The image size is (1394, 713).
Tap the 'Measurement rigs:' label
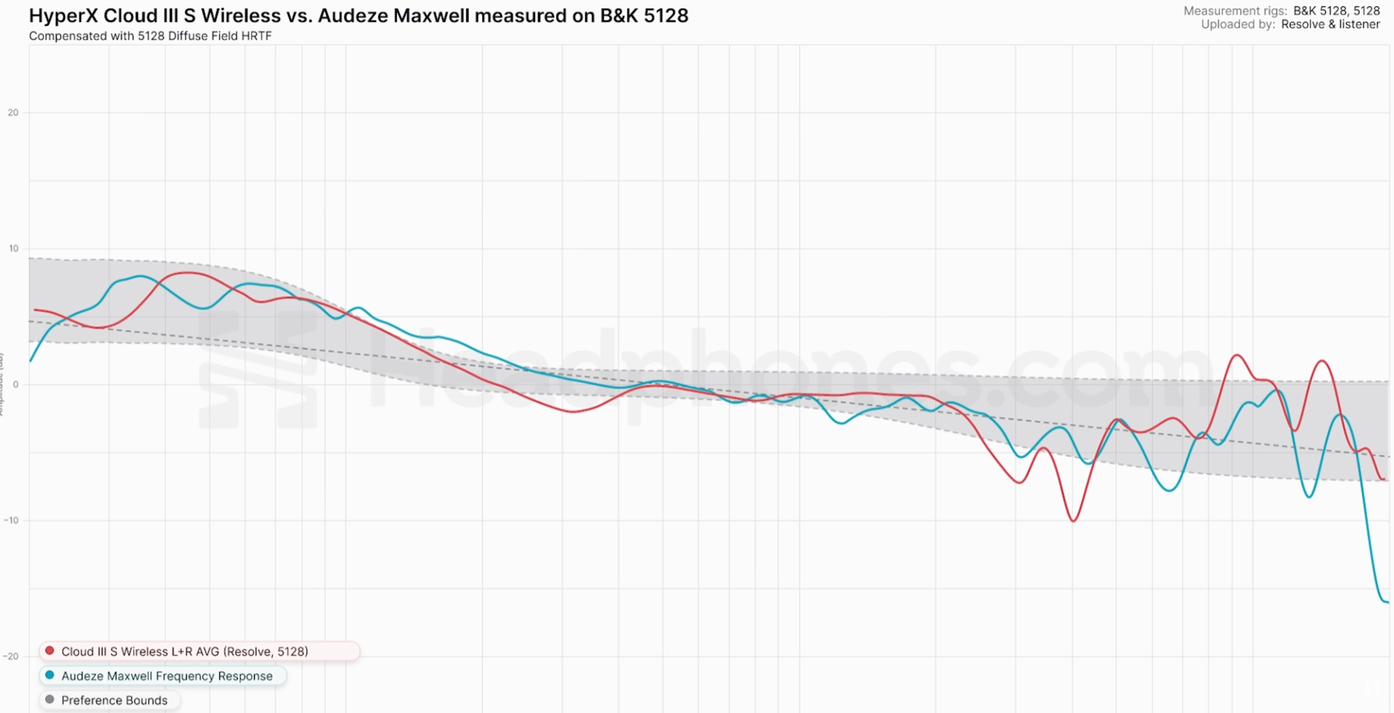click(x=1234, y=11)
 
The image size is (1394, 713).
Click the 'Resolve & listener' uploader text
click(x=1330, y=24)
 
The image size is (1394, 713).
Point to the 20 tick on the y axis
click(x=13, y=113)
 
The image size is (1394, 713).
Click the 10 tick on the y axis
click(x=13, y=249)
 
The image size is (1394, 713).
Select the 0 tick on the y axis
click(x=15, y=385)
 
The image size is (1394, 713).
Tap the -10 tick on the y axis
click(x=11, y=521)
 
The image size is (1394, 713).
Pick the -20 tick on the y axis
click(x=11, y=657)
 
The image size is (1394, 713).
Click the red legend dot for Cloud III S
click(x=50, y=651)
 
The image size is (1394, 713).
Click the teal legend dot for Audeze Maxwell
click(x=50, y=676)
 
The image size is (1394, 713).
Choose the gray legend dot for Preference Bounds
click(x=50, y=700)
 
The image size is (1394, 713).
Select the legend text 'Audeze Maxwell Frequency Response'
click(x=167, y=676)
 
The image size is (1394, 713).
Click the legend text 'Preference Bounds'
click(x=114, y=701)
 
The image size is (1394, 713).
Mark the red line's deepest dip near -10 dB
click(x=1074, y=521)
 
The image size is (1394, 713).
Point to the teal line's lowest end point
click(x=1386, y=602)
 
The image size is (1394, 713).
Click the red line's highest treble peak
click(x=1237, y=356)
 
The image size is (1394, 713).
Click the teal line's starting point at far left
click(x=31, y=360)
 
